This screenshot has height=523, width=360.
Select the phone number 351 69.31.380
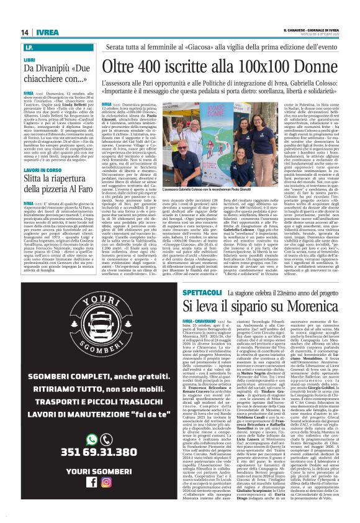tap(90, 470)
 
